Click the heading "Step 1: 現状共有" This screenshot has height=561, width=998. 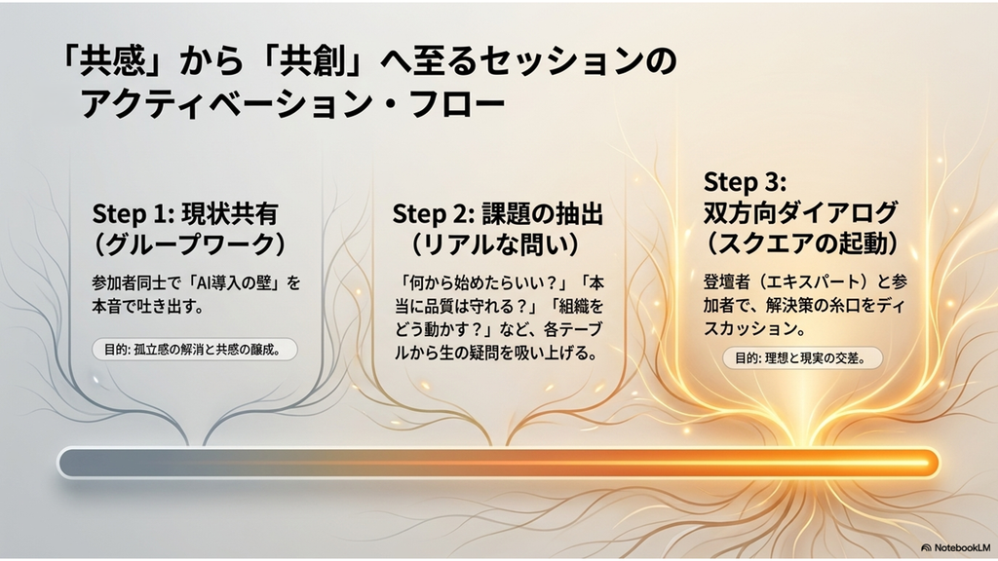185,214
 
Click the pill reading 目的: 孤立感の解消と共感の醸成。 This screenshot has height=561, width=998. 195,350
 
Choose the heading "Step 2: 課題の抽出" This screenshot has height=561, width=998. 497,214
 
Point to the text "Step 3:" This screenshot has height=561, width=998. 745,182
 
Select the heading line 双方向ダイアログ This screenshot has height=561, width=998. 800,213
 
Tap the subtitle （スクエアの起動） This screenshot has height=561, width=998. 803,243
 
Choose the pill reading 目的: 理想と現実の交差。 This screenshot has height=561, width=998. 803,358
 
